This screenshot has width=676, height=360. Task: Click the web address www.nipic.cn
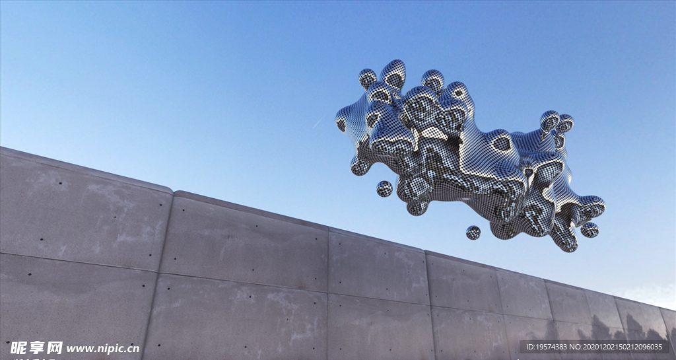[x=103, y=348]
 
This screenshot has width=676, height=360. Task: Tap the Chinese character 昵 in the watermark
[x=18, y=348]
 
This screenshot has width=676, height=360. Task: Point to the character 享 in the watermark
[x=37, y=348]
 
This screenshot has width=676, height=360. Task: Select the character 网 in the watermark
[x=55, y=348]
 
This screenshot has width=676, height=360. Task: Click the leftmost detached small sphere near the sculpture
[x=384, y=188]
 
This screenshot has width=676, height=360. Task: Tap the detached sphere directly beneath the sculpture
[x=473, y=233]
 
